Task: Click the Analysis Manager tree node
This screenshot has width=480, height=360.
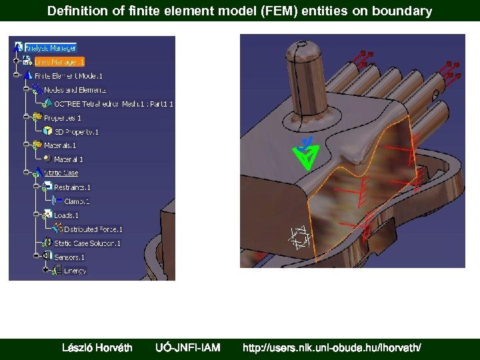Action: (x=50, y=48)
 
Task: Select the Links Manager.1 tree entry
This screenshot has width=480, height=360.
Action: (x=59, y=62)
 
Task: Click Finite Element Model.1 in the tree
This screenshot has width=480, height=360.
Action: (x=68, y=76)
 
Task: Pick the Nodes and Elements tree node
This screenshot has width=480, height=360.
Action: (x=75, y=90)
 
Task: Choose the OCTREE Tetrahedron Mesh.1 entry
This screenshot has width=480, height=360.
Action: (x=113, y=104)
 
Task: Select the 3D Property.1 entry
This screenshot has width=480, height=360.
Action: (x=76, y=132)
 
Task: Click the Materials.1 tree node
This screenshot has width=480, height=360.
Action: (x=60, y=145)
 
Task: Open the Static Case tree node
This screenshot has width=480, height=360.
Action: (x=61, y=173)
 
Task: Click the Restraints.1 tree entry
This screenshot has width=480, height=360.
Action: (x=72, y=187)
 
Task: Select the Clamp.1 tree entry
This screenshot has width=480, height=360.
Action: (x=76, y=201)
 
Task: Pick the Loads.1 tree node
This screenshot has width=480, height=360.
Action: (x=66, y=215)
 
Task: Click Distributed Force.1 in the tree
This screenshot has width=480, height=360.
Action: (x=93, y=229)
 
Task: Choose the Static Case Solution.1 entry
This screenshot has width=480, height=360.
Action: (x=87, y=243)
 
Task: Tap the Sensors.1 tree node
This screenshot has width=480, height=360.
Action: (x=69, y=257)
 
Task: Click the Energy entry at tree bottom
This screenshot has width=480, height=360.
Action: (x=75, y=271)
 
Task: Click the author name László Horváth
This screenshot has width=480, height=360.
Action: (x=97, y=347)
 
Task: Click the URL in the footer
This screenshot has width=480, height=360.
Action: (x=332, y=347)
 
